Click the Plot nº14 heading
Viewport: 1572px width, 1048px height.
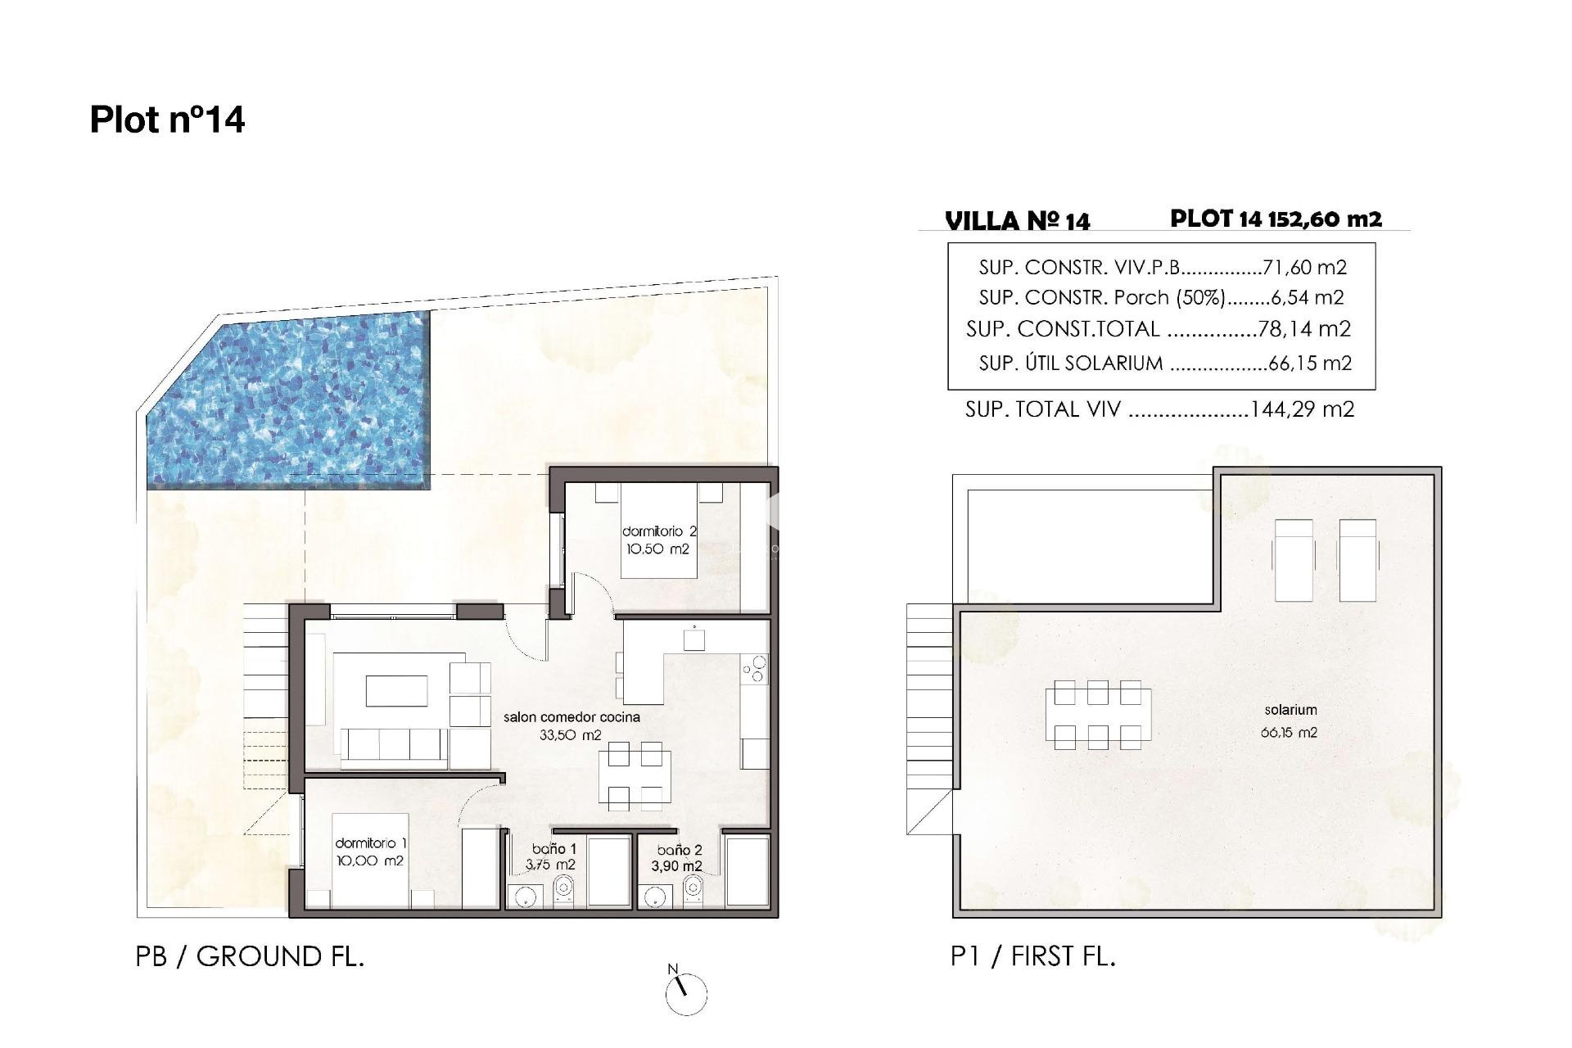click(x=167, y=120)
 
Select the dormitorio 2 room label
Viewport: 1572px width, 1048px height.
click(x=658, y=540)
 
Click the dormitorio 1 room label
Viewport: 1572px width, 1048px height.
click(x=370, y=851)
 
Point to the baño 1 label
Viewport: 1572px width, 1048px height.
click(x=554, y=856)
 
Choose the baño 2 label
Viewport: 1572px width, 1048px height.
click(x=679, y=858)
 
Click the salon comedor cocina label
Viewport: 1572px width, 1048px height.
click(x=571, y=725)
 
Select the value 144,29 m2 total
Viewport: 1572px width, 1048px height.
click(x=1302, y=409)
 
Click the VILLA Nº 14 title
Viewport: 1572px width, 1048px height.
click(x=1017, y=221)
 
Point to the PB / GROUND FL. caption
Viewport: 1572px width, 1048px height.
click(x=250, y=956)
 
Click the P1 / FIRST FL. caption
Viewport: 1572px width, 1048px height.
click(x=1032, y=956)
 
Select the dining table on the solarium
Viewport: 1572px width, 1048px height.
click(x=1097, y=715)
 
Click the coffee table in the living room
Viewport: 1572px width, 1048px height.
click(x=396, y=690)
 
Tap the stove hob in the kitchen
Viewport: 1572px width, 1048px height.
click(x=754, y=669)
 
